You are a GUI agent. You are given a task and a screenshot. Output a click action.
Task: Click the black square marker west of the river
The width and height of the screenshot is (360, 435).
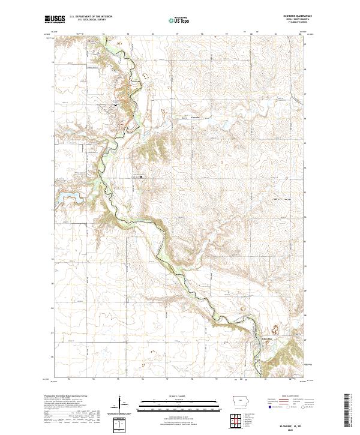[115, 105]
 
